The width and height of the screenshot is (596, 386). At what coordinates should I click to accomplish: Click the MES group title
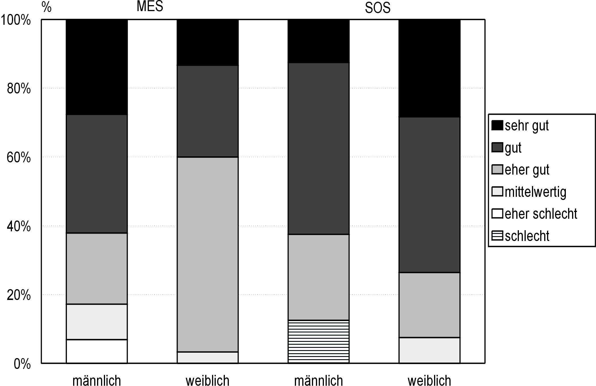[x=150, y=6]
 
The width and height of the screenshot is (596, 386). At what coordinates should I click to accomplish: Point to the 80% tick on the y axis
[x=19, y=89]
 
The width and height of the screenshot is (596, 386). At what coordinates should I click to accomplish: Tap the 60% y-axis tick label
[x=19, y=158]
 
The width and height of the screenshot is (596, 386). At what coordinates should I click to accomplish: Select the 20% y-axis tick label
[x=19, y=295]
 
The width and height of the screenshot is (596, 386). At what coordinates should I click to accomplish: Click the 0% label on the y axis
[x=22, y=364]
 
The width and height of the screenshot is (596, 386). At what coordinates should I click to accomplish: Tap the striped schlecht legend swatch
[x=497, y=236]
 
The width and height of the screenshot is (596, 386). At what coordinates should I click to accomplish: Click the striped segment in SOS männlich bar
[x=318, y=342]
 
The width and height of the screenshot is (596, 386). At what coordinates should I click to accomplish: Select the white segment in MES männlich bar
[x=97, y=351]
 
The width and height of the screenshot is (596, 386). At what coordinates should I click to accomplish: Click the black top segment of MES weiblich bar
[x=207, y=42]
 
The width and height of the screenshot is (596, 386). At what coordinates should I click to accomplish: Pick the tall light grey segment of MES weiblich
[x=207, y=254]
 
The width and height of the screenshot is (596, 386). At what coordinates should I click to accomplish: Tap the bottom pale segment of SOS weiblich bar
[x=429, y=350]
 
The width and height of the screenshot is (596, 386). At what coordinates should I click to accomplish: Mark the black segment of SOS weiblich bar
[x=429, y=68]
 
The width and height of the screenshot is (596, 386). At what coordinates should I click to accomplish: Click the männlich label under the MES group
[x=97, y=380]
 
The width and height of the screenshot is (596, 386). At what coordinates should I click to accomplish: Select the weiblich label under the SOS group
[x=429, y=380]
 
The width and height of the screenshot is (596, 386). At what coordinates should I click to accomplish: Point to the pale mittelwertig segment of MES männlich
[x=97, y=322]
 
